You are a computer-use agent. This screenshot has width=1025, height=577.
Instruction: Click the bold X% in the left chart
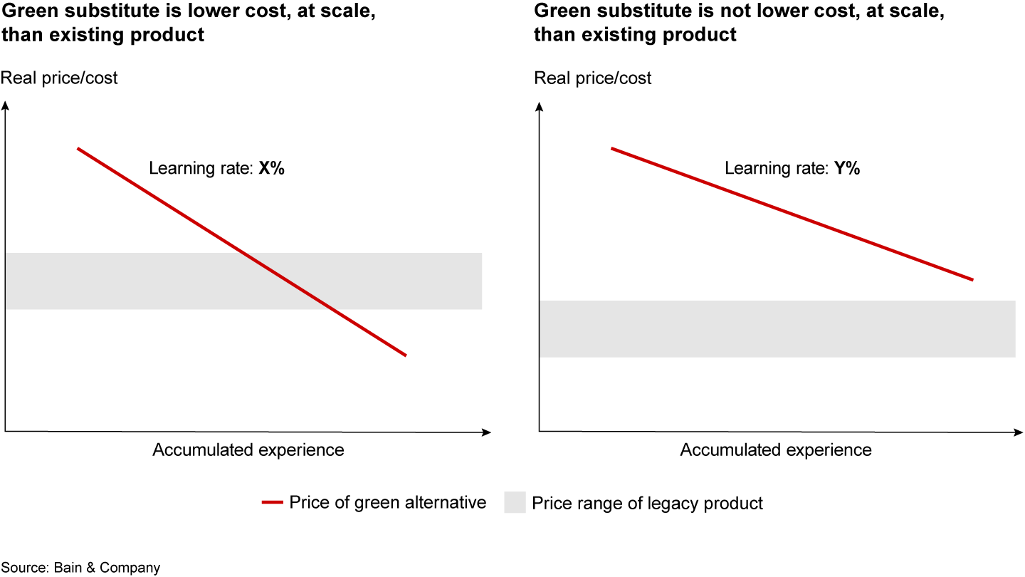click(x=271, y=169)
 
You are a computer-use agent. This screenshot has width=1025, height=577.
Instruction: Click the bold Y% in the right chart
click(x=847, y=169)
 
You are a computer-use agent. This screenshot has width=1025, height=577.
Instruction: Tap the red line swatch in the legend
click(x=273, y=502)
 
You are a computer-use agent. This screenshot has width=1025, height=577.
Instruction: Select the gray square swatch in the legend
click(x=515, y=502)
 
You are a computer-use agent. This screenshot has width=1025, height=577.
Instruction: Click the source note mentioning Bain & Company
click(x=80, y=568)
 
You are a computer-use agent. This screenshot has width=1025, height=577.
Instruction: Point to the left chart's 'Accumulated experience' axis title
click(x=248, y=450)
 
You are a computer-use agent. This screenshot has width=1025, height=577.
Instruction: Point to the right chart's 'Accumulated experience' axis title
click(x=775, y=450)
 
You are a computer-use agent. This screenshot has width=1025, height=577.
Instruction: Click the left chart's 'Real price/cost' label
click(x=60, y=78)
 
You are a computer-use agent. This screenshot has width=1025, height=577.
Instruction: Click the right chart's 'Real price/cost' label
click(x=593, y=78)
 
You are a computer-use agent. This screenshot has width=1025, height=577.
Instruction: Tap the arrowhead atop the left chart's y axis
click(x=6, y=106)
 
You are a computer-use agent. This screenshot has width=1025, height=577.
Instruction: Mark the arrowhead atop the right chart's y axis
click(x=540, y=106)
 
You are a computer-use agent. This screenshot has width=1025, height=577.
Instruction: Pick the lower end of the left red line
click(x=405, y=355)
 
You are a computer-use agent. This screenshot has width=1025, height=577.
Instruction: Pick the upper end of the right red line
click(x=612, y=148)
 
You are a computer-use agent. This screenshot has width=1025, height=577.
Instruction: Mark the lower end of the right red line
click(x=972, y=279)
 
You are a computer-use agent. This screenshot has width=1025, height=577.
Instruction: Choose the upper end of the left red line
click(x=78, y=148)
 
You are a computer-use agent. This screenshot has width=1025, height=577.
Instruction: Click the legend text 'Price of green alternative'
click(x=387, y=502)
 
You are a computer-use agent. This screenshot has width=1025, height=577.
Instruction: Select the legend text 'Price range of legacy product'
click(x=647, y=503)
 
